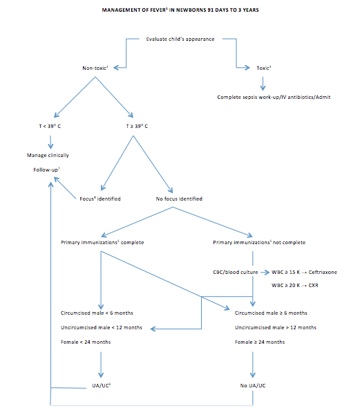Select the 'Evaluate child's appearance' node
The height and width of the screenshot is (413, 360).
tap(180, 38)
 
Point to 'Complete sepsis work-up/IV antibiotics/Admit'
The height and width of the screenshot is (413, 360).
tap(274, 97)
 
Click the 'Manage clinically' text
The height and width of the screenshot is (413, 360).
tap(48, 155)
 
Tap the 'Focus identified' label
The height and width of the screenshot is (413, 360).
tap(101, 199)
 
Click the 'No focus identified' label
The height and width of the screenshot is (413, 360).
tap(179, 199)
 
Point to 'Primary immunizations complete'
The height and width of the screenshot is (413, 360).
tap(101, 242)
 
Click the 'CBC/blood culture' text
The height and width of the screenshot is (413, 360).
tap(235, 272)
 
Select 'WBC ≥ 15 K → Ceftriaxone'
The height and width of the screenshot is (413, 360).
tap(305, 272)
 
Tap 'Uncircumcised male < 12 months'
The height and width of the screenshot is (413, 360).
tap(102, 327)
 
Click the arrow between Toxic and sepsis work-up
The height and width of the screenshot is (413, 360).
tap(263, 82)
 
